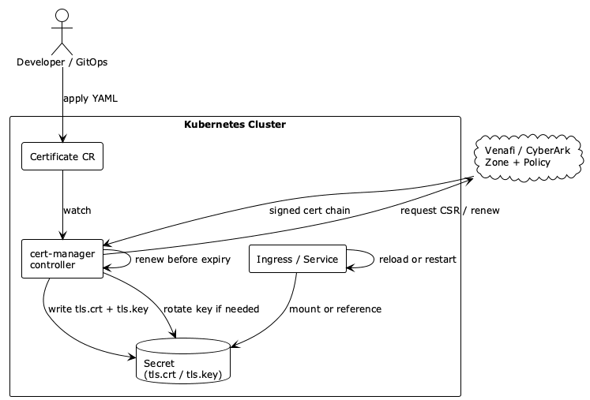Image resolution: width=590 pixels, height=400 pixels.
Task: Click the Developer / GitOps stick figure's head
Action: (62, 16)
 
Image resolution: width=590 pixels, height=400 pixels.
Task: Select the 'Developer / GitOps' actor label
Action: (62, 62)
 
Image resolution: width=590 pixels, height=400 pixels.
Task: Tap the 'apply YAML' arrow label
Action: (91, 99)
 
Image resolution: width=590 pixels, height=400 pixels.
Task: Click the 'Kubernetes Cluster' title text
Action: (235, 125)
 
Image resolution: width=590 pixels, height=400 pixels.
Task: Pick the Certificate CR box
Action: (62, 157)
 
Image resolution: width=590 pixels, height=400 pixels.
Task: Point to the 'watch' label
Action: (77, 211)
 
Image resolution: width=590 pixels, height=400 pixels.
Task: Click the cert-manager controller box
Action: (62, 259)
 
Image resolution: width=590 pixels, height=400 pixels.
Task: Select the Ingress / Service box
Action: (298, 259)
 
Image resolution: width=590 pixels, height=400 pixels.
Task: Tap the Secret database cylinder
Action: (183, 362)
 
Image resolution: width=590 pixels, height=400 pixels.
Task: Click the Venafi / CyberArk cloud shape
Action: (527, 156)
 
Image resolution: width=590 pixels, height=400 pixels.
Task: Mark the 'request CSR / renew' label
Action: (449, 211)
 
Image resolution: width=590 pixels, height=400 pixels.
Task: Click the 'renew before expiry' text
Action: (182, 260)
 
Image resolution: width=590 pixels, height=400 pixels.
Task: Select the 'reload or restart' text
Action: (418, 260)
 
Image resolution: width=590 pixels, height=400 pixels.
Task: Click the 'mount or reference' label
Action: (335, 308)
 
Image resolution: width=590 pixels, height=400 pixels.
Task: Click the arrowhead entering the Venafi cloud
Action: (469, 180)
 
